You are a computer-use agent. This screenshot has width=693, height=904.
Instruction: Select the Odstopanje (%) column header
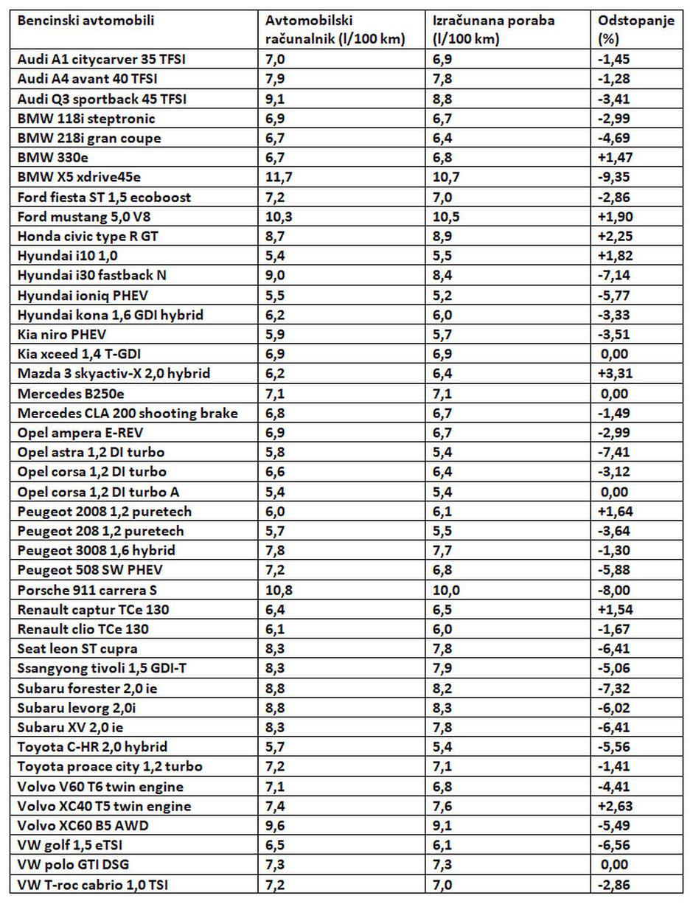pyautogui.click(x=636, y=29)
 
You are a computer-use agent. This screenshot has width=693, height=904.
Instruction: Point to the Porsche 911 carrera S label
pyautogui.click(x=87, y=590)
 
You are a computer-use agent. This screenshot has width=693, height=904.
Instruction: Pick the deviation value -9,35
pyautogui.click(x=616, y=177)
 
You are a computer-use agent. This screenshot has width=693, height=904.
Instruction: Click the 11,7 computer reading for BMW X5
pyautogui.click(x=277, y=177)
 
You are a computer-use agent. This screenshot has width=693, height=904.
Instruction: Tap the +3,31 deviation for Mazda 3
pyautogui.click(x=615, y=374)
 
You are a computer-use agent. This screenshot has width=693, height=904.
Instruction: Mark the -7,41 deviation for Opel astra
pyautogui.click(x=616, y=452)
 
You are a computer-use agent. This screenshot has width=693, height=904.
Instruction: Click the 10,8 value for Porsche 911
pyautogui.click(x=277, y=590)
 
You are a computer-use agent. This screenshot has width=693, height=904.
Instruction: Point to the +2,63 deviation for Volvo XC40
pyautogui.click(x=615, y=806)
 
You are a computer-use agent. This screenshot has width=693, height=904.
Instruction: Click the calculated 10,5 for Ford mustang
pyautogui.click(x=445, y=217)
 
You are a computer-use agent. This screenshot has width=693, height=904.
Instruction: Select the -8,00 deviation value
pyautogui.click(x=616, y=590)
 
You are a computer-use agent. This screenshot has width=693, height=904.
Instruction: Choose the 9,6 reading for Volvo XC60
pyautogui.click(x=274, y=826)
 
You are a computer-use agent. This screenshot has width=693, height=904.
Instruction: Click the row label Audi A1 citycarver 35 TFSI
pyautogui.click(x=101, y=59)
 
